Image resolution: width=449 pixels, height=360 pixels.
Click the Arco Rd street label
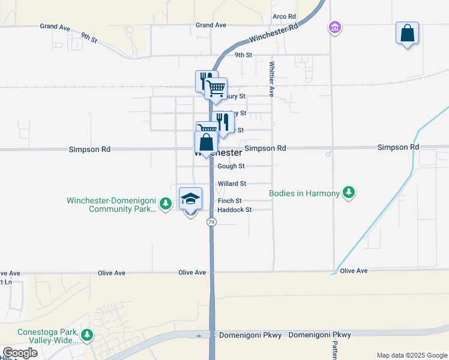pos(284,16)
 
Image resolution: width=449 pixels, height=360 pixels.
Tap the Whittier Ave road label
pos(272,79)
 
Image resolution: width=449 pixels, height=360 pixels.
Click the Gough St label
pos(231,166)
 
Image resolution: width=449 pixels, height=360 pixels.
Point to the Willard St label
pos(232,184)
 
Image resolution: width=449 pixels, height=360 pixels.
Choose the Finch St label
pos(230,201)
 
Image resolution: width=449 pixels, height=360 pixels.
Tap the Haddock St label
pos(235,210)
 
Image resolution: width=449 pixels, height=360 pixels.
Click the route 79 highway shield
pos(211,222)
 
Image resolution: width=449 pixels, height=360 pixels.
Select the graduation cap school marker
pos(190,199)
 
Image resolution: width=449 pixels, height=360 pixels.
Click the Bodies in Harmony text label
pos(304,193)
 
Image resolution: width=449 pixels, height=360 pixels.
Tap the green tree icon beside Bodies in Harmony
pos(349,193)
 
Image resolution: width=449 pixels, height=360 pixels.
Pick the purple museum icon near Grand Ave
pos(334,27)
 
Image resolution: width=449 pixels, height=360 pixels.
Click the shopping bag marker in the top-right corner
pos(407,33)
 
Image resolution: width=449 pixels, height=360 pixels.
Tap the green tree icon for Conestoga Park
pos(88,335)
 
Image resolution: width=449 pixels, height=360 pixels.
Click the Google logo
pos(20,353)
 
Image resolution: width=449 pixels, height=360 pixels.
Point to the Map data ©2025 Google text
pos(411,355)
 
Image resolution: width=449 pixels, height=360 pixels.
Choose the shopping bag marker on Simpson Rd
pos(206,143)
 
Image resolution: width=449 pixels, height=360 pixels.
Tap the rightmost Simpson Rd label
pos(398,147)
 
